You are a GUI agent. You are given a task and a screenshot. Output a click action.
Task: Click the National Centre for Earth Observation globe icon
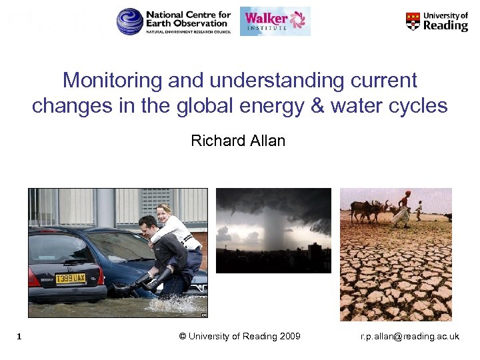point(130,21)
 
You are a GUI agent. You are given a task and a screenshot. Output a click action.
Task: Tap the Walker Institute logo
point(275,21)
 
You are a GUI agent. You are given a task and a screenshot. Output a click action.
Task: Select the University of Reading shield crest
point(413,21)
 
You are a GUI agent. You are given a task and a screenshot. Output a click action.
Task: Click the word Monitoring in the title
point(111,81)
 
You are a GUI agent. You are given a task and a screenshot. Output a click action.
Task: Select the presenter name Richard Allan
point(238,141)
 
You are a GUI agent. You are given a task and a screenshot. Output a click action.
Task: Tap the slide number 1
point(21,337)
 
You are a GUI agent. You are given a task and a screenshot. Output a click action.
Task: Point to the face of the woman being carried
point(161,213)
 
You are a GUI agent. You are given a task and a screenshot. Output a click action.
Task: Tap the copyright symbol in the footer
point(183,336)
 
